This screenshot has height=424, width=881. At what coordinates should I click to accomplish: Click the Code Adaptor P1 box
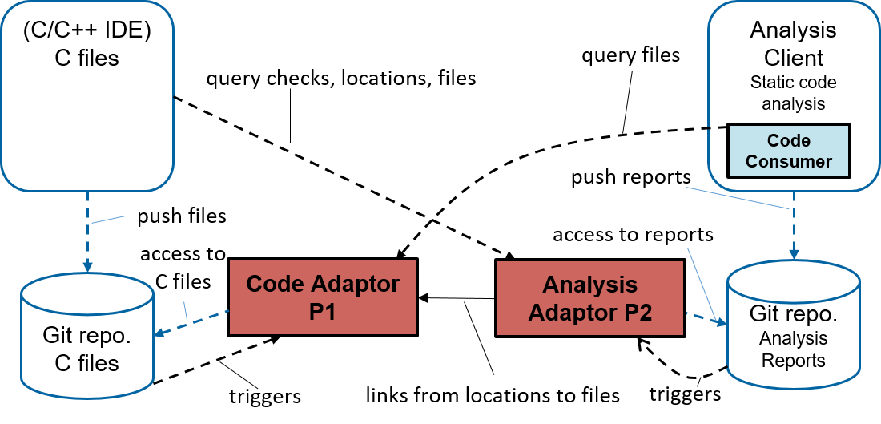(x=322, y=297)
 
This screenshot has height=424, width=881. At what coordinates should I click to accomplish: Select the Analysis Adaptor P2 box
(x=589, y=298)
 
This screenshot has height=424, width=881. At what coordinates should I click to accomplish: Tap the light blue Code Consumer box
(x=788, y=151)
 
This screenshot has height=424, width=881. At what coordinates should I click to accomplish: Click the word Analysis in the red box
(x=589, y=285)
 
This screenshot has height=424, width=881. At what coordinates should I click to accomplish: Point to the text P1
(x=322, y=312)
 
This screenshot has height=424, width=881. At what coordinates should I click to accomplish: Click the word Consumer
(x=788, y=161)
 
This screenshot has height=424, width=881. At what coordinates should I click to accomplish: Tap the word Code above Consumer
(x=788, y=141)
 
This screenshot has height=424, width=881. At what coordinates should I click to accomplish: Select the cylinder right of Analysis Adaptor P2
(x=793, y=325)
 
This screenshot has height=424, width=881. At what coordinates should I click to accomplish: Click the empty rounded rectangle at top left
(x=87, y=96)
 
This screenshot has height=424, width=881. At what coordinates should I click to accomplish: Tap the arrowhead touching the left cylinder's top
(x=87, y=266)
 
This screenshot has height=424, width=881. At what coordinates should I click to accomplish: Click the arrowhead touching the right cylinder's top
(x=794, y=254)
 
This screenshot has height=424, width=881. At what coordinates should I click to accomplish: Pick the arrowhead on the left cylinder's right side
(x=159, y=333)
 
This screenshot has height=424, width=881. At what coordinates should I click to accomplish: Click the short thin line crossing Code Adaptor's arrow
(x=186, y=311)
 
